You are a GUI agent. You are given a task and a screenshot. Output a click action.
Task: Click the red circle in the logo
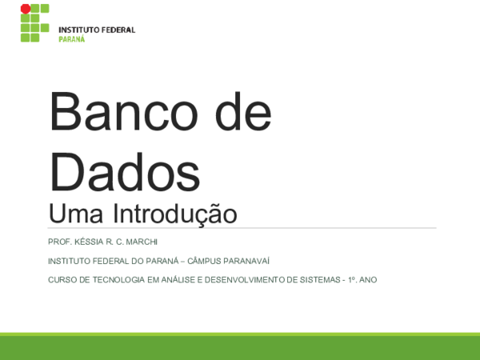tap(26, 10)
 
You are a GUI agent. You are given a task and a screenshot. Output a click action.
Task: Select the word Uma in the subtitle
tap(77, 214)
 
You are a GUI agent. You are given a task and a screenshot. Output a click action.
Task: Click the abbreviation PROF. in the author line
tap(59, 242)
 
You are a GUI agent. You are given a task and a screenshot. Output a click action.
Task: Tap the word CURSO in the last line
tap(62, 279)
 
